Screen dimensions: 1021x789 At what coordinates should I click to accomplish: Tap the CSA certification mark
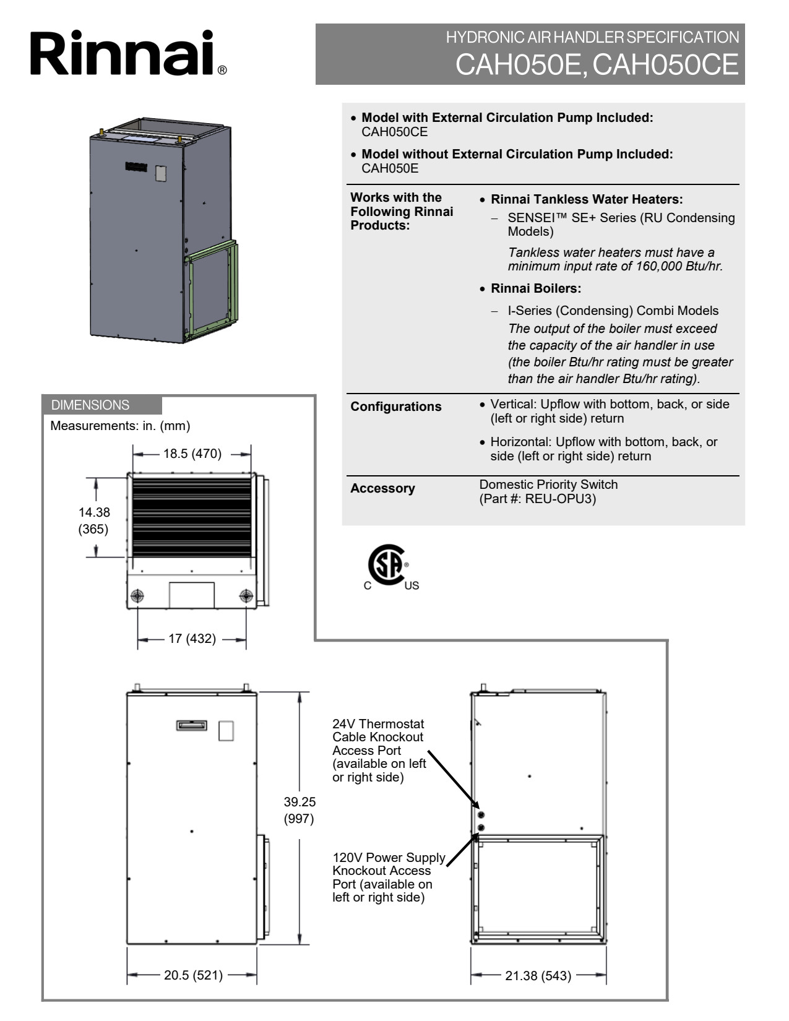388,566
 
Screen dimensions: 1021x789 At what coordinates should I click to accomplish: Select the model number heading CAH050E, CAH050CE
597,64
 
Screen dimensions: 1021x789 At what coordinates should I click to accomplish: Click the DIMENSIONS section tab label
90,405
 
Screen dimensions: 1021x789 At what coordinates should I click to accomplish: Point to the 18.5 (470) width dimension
192,454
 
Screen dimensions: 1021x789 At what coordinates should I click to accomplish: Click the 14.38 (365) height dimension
94,520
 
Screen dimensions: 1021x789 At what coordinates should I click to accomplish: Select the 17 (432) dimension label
192,639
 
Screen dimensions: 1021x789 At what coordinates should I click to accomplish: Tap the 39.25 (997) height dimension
300,810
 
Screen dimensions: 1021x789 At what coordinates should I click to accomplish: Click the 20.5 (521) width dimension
193,976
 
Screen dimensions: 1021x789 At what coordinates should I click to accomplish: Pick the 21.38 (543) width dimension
538,976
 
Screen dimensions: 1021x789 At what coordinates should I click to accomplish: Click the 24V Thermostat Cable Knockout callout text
379,750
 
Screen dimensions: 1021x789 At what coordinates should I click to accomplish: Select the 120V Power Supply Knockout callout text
388,877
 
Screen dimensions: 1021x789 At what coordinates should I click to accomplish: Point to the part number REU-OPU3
560,499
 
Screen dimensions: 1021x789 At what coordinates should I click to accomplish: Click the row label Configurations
395,407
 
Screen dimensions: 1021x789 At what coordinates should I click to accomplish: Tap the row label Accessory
382,488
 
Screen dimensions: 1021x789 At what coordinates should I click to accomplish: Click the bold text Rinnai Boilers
535,288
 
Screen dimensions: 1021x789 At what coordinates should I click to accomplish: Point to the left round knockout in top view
137,596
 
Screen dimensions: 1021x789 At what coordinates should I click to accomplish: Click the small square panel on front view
226,731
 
